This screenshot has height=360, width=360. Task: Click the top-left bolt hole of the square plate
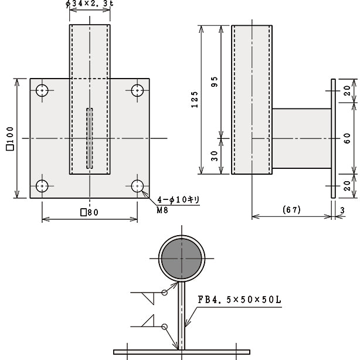click(42, 90)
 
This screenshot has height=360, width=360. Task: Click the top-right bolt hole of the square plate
click(137, 90)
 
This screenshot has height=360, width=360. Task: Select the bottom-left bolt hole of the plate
click(42, 186)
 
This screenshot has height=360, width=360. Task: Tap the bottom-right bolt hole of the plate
click(137, 186)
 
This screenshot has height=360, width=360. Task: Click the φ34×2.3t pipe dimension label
click(90, 4)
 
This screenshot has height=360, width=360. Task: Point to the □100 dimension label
click(11, 138)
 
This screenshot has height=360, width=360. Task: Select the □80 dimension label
click(89, 212)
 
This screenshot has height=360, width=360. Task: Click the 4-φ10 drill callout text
click(178, 199)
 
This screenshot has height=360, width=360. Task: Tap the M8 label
click(162, 210)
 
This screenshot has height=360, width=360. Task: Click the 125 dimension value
click(195, 100)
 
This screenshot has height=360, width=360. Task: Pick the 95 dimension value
click(214, 81)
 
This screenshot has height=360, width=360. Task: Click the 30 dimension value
click(214, 156)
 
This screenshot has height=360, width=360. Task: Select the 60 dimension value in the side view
click(347, 138)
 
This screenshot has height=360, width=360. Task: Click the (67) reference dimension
click(291, 210)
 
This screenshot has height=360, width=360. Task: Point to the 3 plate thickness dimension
click(342, 210)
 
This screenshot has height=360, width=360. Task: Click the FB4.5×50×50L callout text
click(239, 300)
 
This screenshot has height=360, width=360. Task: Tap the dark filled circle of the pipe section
click(182, 259)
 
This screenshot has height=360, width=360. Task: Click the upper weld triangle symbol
click(148, 298)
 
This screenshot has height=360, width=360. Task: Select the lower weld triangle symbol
click(148, 321)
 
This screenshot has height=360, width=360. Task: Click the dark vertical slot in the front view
click(90, 138)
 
